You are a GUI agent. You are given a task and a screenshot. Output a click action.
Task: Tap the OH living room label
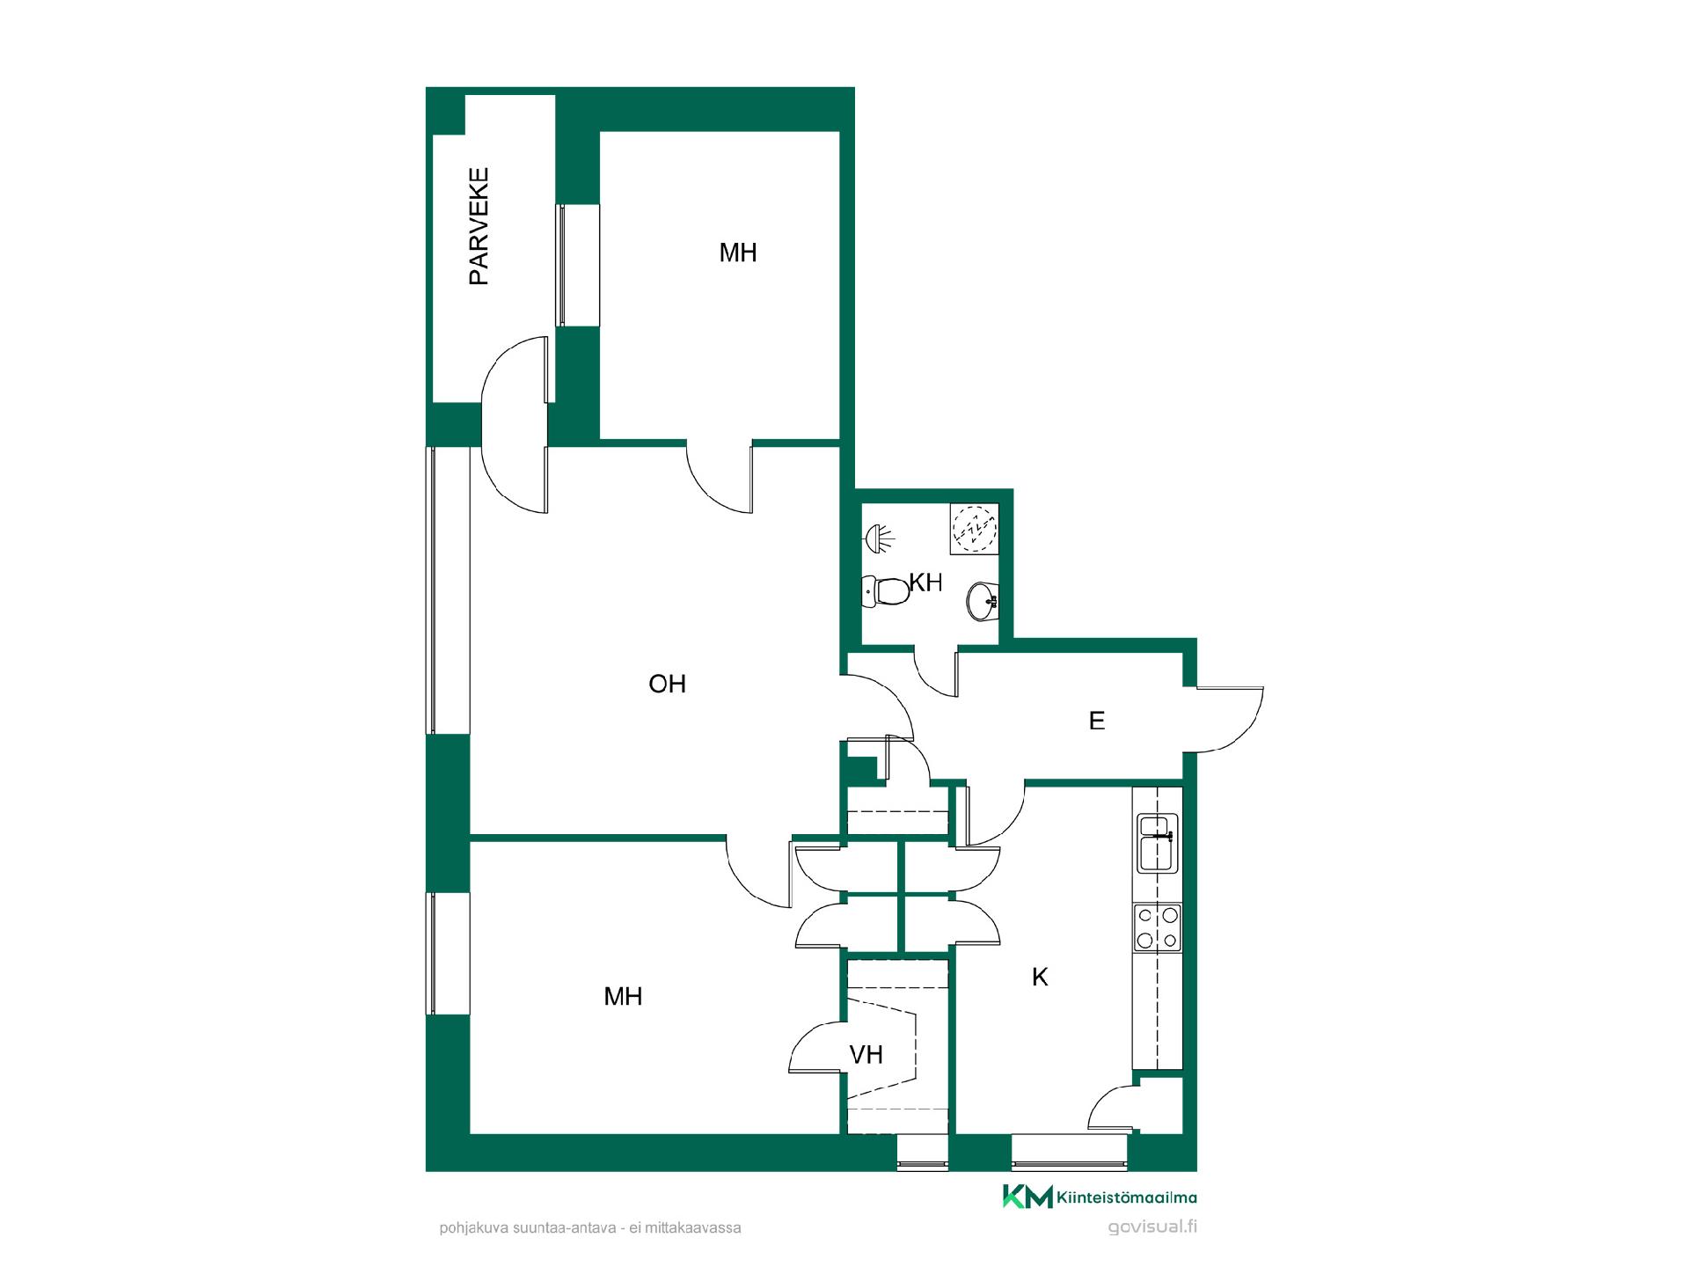pos(667,685)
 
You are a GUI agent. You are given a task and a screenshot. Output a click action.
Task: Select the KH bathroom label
pos(926,582)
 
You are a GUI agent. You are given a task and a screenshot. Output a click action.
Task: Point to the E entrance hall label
pos(1097,721)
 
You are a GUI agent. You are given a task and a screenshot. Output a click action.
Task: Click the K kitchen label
pos(1040,977)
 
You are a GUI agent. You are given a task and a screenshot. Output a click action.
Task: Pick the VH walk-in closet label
pos(866,1054)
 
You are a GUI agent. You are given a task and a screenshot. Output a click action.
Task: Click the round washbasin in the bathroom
pos(982,601)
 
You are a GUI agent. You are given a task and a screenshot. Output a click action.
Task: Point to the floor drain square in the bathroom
pos(974,528)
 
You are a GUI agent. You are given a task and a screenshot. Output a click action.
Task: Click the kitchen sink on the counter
pos(1158,844)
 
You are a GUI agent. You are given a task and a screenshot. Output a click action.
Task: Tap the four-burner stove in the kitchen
pos(1158,928)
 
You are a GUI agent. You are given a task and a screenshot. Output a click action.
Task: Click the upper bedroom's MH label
pos(738,253)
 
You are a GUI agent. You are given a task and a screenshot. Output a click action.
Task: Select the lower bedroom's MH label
pos(623,997)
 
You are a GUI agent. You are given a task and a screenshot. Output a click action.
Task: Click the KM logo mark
pos(1027,1197)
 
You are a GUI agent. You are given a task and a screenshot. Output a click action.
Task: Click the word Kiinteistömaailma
pos(1127,1197)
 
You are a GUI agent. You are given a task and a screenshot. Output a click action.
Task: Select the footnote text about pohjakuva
pos(590,1227)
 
